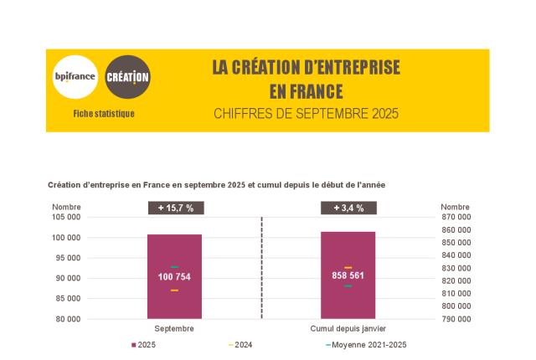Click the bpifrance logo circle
(x=75, y=78)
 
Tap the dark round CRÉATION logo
(x=129, y=78)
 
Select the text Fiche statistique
(x=104, y=114)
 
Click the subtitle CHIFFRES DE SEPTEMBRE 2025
(x=306, y=113)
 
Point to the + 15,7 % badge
(x=175, y=208)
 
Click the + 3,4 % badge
(x=348, y=208)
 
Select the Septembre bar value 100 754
(x=174, y=277)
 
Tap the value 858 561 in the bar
(x=348, y=275)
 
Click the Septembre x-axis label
(x=174, y=329)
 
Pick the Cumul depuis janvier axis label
(x=348, y=329)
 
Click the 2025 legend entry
(x=143, y=345)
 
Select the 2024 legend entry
(x=240, y=345)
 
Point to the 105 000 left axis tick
(x=64, y=217)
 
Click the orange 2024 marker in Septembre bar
(x=174, y=291)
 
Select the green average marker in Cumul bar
(x=348, y=286)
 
